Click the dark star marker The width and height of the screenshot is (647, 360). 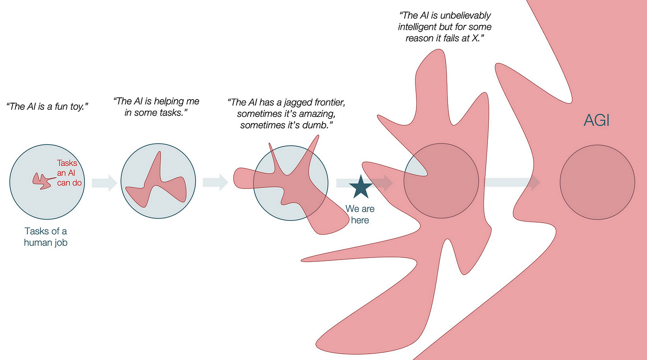tap(360, 187)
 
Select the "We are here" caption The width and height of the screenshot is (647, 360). tap(360, 214)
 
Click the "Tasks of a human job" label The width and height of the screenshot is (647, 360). tap(46, 237)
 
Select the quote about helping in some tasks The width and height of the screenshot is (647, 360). tap(156, 107)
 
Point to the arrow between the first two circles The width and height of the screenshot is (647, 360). tap(104, 182)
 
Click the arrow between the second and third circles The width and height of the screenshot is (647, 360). tap(215, 182)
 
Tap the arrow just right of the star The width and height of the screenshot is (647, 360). tap(383, 182)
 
